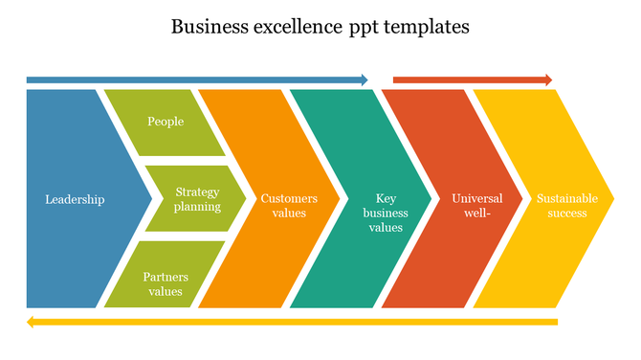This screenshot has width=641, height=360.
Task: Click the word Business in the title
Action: (x=207, y=27)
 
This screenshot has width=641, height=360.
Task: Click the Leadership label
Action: (x=75, y=199)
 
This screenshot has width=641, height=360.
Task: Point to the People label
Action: (x=166, y=122)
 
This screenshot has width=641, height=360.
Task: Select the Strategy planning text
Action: (x=198, y=199)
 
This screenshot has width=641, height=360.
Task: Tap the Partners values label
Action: (x=166, y=284)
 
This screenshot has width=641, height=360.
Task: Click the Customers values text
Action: (x=289, y=206)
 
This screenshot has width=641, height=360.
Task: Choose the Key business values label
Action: (x=386, y=213)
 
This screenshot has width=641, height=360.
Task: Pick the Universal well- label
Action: (x=476, y=206)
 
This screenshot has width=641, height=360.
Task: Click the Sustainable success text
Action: (x=567, y=206)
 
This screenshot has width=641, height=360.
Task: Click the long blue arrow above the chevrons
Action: (x=191, y=79)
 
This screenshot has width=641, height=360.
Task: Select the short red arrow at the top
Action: (x=469, y=79)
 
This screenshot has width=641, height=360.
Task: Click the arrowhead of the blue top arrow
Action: (x=363, y=79)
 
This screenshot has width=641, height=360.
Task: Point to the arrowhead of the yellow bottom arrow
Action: (x=32, y=322)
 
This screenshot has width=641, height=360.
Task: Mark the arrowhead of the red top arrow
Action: (x=547, y=79)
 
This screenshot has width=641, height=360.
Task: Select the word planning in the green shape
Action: (x=198, y=206)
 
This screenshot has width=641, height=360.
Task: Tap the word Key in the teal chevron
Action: (x=386, y=198)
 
